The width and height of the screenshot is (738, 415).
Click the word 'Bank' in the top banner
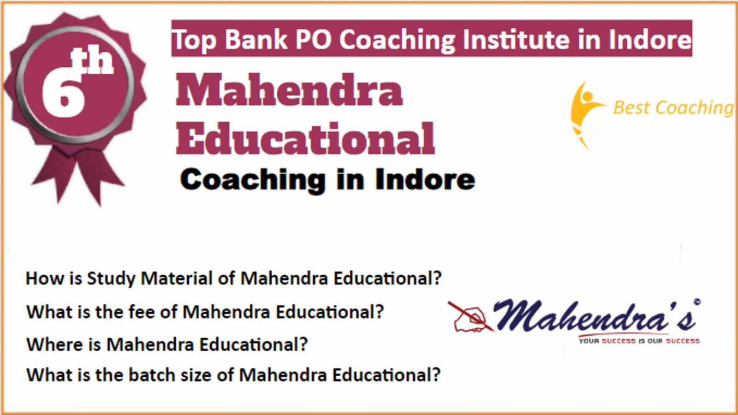click(256, 39)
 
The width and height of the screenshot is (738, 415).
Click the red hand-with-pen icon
click(470, 317)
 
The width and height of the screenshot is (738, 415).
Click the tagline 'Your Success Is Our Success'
click(639, 341)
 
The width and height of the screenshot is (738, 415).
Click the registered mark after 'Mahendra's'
click(697, 302)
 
